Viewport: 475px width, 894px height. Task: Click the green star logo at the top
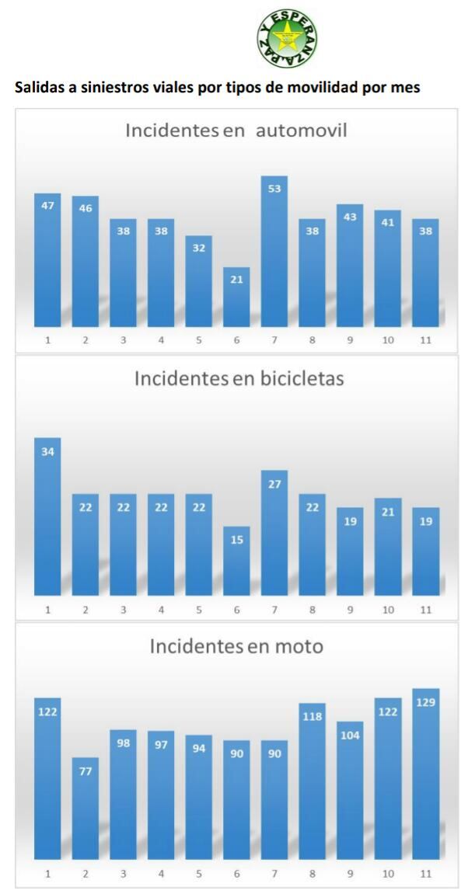287,40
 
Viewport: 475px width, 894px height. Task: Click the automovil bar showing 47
47,260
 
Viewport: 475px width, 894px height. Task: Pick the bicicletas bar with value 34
47,517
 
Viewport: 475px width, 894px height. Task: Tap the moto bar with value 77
86,809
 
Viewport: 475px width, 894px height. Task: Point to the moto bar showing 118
312,781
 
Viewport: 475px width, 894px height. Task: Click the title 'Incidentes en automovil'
236,130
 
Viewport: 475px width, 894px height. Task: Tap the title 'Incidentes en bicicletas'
239,378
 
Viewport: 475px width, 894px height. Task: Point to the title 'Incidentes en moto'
236,645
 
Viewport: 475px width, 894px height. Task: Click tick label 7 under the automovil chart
274,341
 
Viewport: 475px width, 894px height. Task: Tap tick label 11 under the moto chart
425,874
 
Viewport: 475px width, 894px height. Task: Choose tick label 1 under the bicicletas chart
47,610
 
